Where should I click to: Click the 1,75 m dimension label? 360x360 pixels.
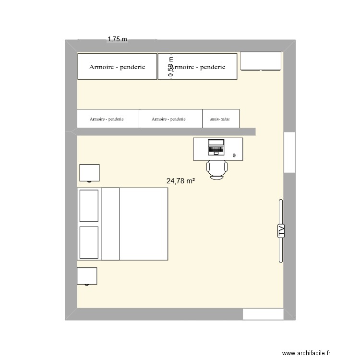coord(117,39)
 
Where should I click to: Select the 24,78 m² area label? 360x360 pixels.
coord(180,181)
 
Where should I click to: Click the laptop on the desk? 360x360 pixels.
coord(216,147)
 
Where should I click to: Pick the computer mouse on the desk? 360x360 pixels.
coord(234,155)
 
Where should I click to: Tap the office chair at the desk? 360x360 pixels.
coord(216,169)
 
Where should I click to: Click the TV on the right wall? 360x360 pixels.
coord(280,231)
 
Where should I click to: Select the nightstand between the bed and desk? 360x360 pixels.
coord(89,173)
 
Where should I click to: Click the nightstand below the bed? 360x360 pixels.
coord(87,276)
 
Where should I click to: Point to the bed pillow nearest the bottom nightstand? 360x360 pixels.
coord(89,242)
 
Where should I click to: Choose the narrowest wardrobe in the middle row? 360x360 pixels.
coord(221,119)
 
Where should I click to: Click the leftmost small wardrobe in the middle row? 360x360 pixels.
coord(108,119)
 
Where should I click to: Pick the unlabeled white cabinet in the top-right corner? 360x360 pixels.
coord(260,61)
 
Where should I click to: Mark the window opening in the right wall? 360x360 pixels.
coord(289,152)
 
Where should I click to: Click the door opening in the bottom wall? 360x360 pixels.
coord(263,314)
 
